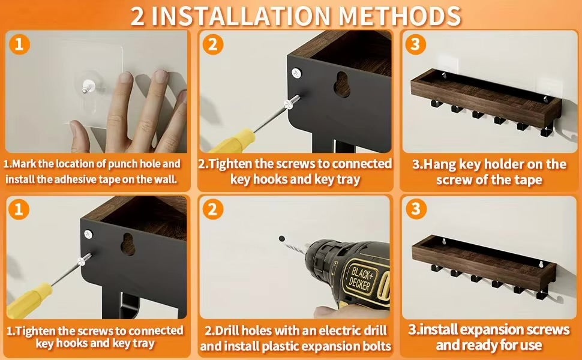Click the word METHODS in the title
click(400, 16)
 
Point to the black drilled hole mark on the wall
click(282, 238)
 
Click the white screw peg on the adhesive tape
click(88, 86)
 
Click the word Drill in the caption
click(227, 331)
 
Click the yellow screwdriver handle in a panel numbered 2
click(233, 141)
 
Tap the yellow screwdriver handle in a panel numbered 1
click(29, 300)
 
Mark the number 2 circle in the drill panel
click(212, 209)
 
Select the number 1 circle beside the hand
click(20, 44)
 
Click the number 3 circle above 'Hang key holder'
click(415, 44)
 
